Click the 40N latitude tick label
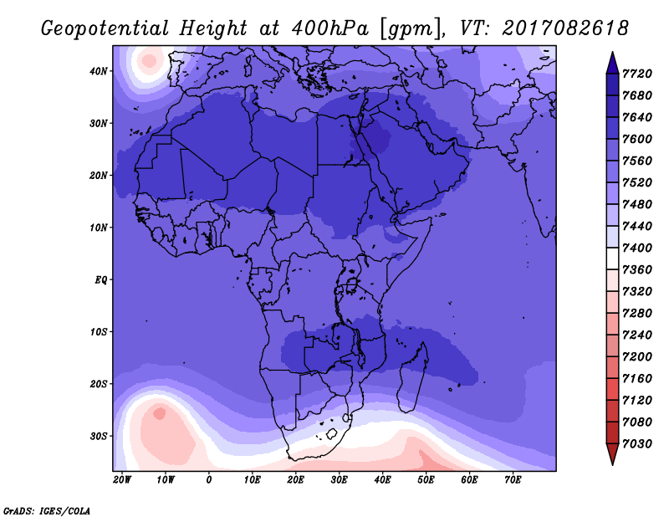click(98, 71)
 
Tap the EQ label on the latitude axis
click(100, 280)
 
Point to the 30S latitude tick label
click(98, 437)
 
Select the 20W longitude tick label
click(122, 480)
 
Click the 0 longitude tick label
click(208, 480)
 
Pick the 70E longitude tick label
click(513, 480)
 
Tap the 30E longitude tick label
click(339, 480)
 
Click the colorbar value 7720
click(637, 74)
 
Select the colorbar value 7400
click(637, 248)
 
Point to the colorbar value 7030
click(637, 444)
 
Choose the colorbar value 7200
click(637, 357)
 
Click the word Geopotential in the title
click(105, 29)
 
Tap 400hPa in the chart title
click(329, 28)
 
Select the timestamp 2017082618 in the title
click(565, 28)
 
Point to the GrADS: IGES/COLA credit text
click(47, 511)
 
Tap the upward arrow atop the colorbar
click(612, 63)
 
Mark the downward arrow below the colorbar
click(612, 454)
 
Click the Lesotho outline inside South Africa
click(331, 434)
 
